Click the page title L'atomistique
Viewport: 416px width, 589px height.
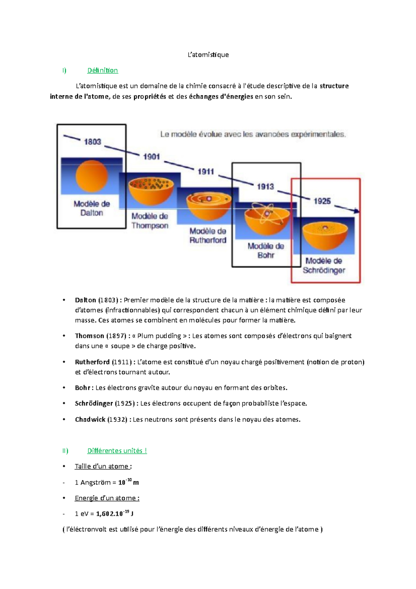point(208,55)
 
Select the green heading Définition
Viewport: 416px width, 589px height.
point(102,70)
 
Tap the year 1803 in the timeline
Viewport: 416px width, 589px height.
point(93,142)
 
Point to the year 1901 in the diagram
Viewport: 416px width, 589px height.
point(151,157)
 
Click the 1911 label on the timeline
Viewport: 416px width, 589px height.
point(206,172)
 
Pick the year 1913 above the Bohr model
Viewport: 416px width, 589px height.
point(265,187)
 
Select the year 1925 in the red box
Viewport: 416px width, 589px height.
point(322,201)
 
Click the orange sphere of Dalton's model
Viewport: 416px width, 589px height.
point(92,176)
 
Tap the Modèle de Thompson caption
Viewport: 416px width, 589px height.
point(150,221)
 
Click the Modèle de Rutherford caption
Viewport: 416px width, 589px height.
point(208,236)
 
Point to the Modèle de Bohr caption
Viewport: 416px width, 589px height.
point(266,250)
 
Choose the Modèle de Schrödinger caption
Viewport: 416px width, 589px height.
point(324,265)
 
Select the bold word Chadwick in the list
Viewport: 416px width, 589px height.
point(90,419)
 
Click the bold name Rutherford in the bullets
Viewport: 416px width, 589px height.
point(92,362)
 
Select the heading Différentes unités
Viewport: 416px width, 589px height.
point(117,451)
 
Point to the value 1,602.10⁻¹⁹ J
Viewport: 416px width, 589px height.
point(115,513)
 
